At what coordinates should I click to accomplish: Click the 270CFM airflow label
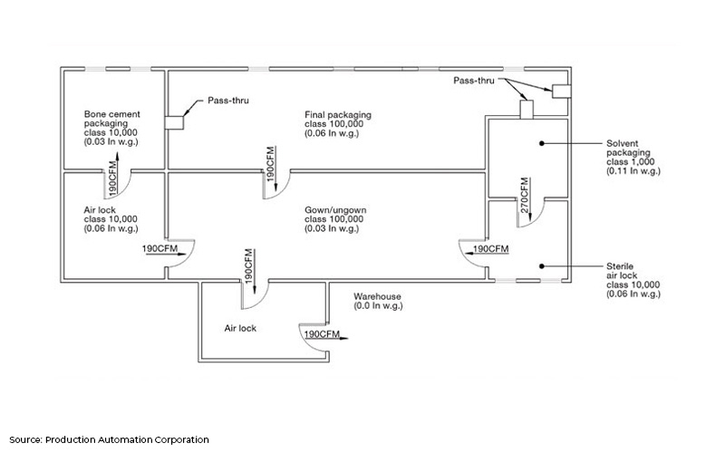point(525,193)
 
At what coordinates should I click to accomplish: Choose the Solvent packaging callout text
point(635,159)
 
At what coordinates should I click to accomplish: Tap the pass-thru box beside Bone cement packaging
point(173,124)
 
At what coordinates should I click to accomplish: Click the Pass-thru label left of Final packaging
point(222,101)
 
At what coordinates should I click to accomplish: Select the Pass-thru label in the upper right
point(478,81)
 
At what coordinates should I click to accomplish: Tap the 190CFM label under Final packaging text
point(269,159)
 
